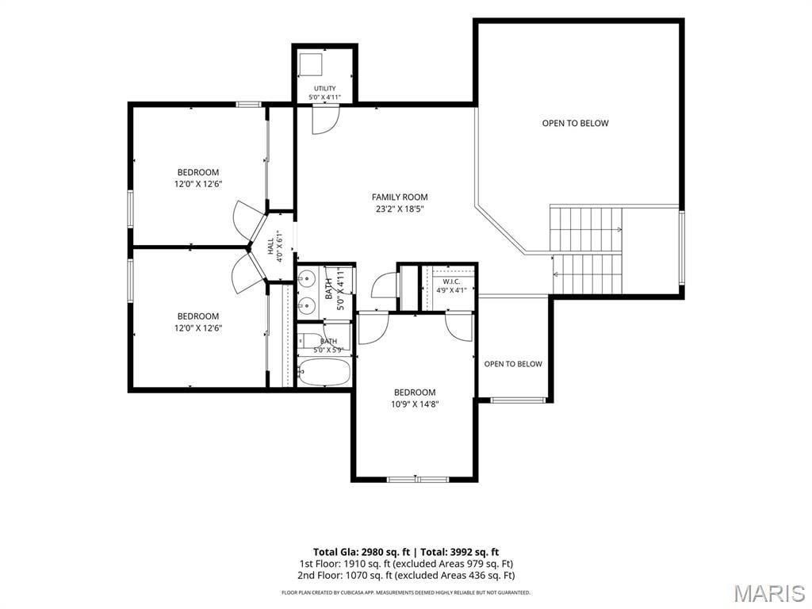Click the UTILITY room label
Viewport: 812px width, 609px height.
[x=324, y=88]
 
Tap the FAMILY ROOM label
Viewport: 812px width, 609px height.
[x=400, y=197]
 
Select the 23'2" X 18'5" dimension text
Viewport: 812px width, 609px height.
[x=400, y=209]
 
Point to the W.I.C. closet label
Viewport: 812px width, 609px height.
[x=451, y=282]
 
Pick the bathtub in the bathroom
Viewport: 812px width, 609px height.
[x=324, y=372]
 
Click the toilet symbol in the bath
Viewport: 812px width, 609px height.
[x=310, y=341]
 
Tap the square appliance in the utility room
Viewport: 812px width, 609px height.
[x=311, y=63]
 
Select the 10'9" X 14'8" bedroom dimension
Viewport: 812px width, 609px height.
[x=415, y=404]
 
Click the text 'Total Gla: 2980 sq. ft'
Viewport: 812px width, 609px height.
[x=362, y=552]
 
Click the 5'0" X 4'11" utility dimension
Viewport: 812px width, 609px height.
[x=324, y=97]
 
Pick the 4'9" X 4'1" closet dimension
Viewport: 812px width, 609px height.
[x=451, y=290]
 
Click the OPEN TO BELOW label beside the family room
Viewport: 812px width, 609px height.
[x=576, y=123]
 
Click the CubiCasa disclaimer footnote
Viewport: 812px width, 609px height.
[x=405, y=592]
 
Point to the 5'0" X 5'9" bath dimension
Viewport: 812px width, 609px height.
[x=328, y=350]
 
